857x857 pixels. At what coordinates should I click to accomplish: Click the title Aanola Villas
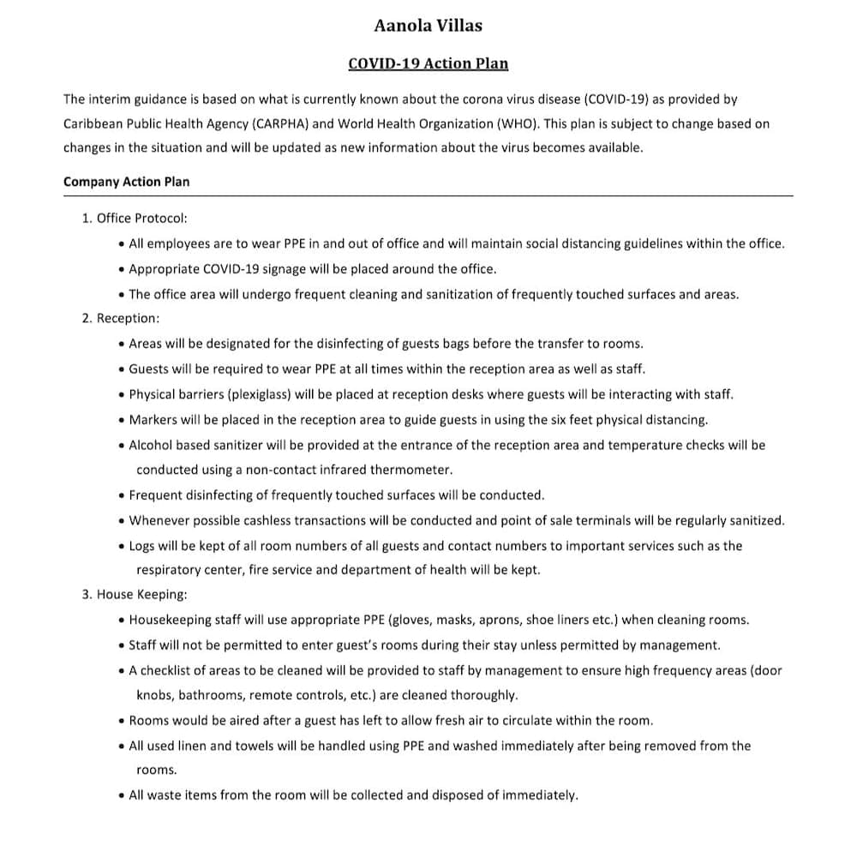428,26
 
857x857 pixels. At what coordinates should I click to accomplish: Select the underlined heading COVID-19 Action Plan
428,63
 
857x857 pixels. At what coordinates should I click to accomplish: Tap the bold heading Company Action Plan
127,182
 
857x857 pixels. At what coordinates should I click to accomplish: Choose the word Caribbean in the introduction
94,123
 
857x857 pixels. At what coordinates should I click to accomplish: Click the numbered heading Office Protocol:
141,219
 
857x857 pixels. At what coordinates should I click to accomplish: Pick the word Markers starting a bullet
153,420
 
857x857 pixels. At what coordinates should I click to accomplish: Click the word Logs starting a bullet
142,546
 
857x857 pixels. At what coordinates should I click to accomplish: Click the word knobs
154,695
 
